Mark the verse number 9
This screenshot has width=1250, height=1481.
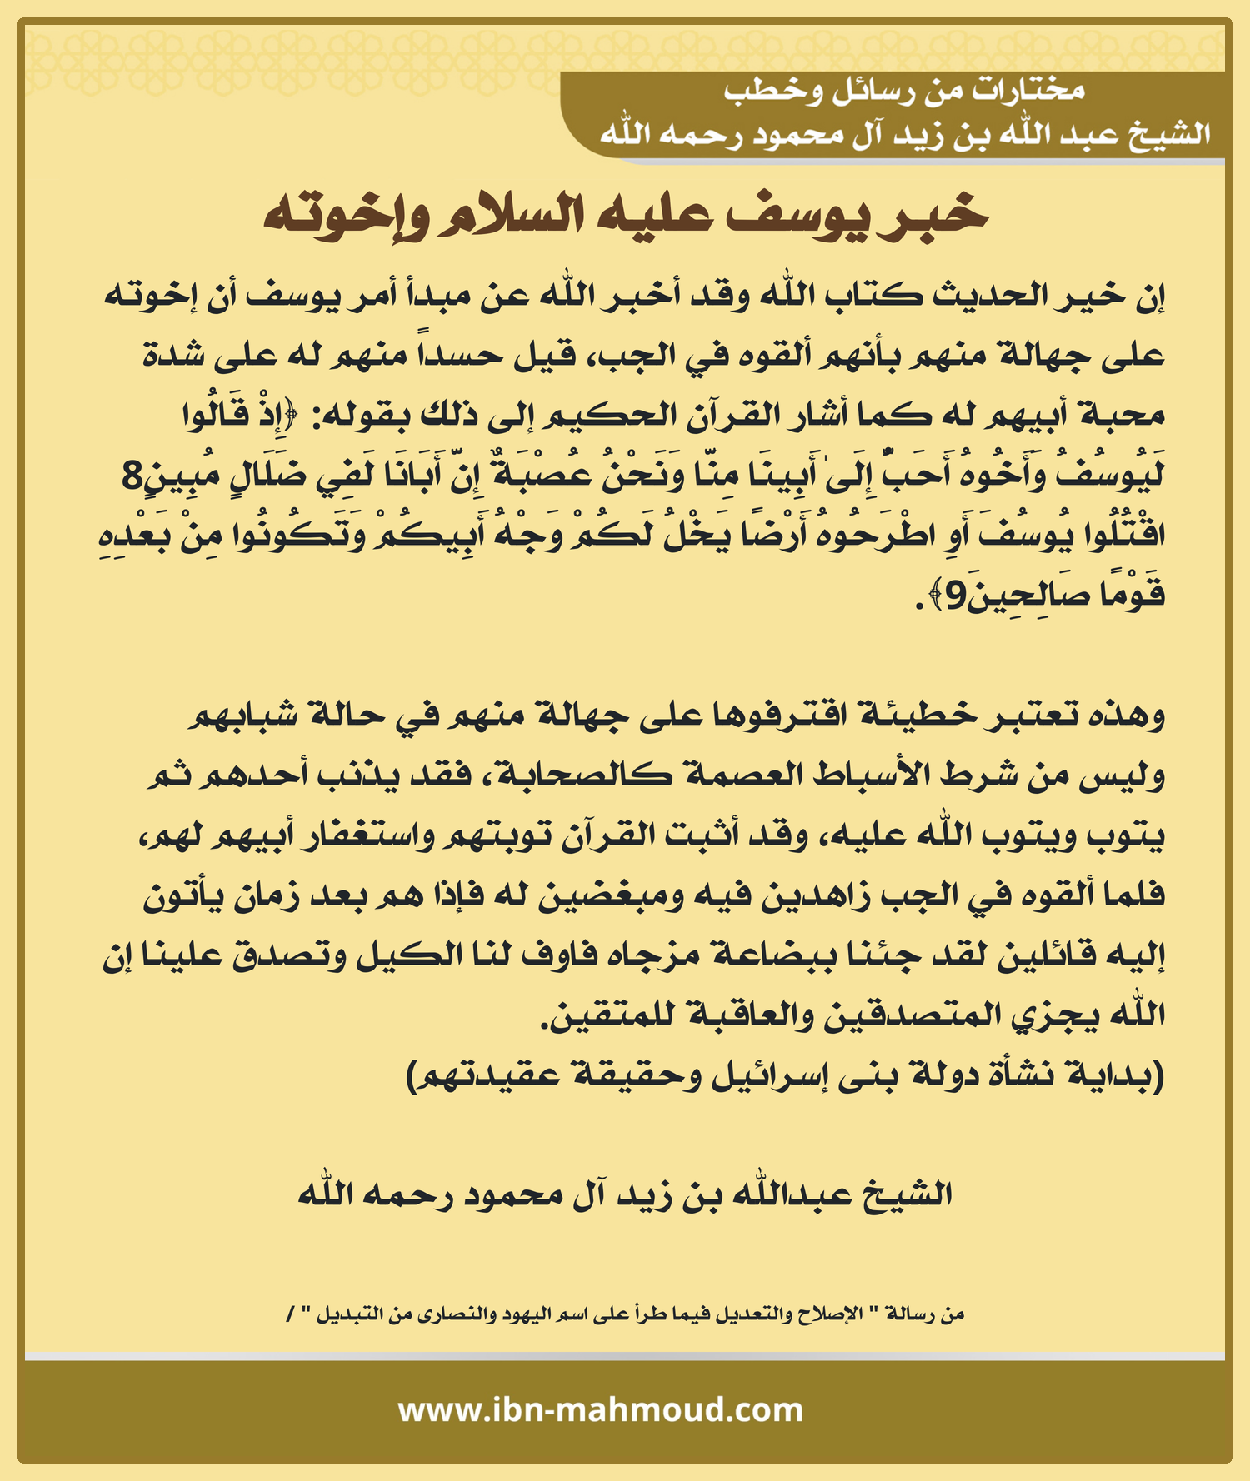tap(956, 596)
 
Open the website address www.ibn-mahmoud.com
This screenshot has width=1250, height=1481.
tap(600, 1410)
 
